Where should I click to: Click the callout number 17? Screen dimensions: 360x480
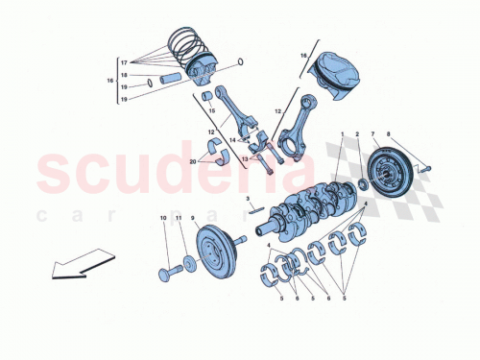124,61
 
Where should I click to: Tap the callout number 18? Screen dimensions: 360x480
124,74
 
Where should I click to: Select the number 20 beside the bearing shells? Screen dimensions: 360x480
193,162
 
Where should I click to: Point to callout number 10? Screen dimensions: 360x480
163,218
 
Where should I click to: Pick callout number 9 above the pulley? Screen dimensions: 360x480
193,218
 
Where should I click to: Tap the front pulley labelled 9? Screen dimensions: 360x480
212,251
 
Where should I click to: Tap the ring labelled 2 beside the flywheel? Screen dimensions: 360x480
361,183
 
